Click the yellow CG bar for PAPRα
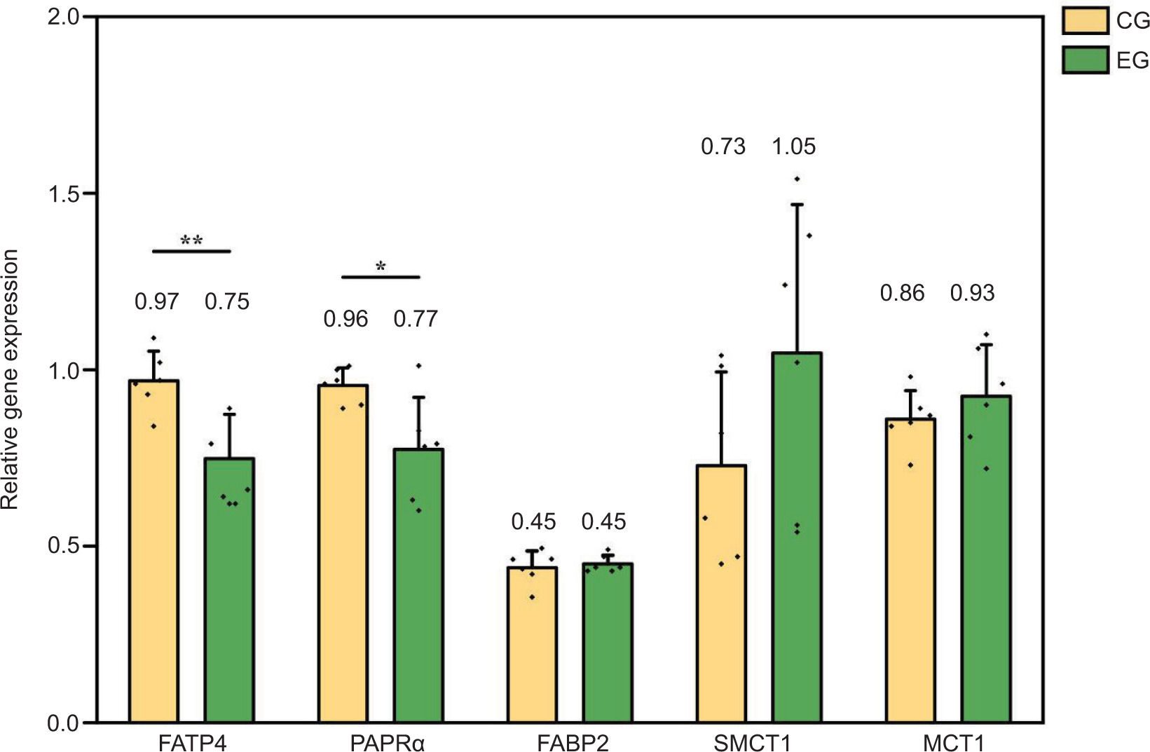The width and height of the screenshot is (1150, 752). point(343,553)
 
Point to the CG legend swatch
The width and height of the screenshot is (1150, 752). point(1085,21)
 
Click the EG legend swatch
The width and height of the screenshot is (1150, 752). point(1085,60)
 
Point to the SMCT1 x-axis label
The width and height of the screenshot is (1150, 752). point(752,742)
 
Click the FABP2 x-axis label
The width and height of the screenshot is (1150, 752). point(573,742)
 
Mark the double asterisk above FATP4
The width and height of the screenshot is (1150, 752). point(191,240)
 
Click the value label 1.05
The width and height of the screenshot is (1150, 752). point(794,146)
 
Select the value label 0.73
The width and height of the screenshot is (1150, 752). point(723,146)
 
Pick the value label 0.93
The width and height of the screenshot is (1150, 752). point(972,293)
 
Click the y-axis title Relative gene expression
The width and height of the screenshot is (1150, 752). point(10,379)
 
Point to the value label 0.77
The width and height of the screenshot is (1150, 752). point(416,319)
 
